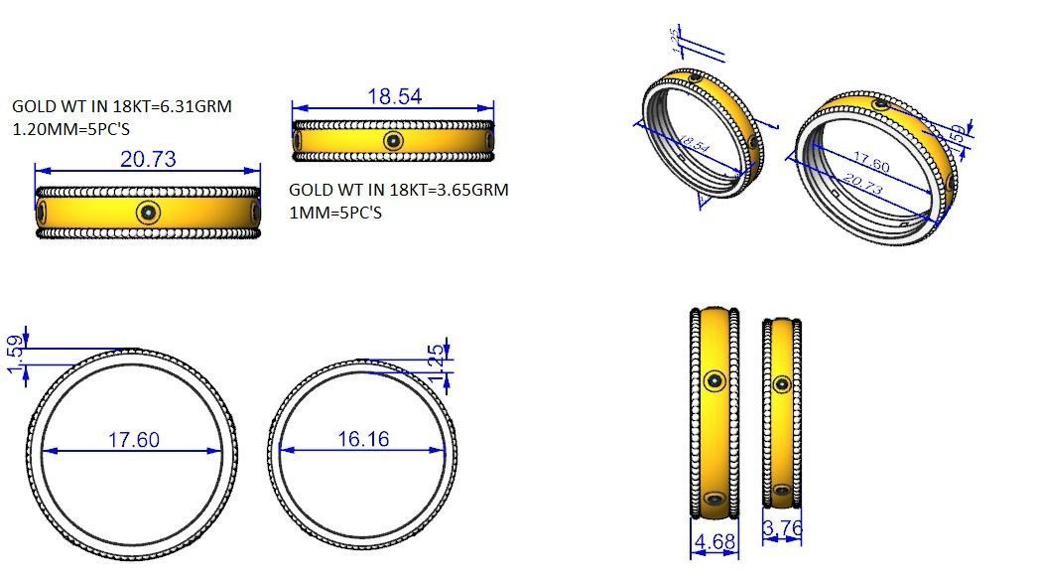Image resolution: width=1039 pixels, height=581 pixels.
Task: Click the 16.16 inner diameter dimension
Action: tap(363, 439)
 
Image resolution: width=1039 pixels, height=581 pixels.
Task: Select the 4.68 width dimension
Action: tap(714, 542)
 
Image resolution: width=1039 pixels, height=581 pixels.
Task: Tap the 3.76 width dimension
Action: tap(782, 529)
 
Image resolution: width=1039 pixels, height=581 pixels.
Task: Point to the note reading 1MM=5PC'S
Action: tap(335, 213)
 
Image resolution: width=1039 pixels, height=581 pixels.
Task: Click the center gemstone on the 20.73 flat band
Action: tap(149, 212)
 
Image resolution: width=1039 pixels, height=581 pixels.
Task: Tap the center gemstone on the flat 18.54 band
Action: tap(393, 141)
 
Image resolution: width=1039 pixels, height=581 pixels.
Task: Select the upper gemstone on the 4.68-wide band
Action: tap(714, 380)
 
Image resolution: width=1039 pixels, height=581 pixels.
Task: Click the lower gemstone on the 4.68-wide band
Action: tap(714, 499)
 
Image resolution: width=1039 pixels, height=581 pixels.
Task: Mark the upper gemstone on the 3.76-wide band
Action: tap(782, 383)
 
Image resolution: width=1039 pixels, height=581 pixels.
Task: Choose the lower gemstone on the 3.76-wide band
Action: tap(782, 490)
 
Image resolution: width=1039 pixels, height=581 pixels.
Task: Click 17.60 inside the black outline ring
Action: tap(134, 439)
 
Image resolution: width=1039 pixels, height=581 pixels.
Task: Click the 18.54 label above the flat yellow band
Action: tap(395, 96)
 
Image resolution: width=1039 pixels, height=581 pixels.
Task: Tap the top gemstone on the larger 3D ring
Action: tap(879, 104)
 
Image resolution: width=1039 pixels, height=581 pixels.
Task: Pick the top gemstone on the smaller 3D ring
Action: tap(696, 76)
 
